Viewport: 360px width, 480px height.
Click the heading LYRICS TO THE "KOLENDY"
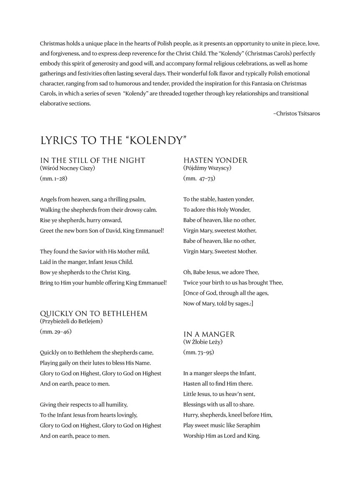pyautogui.click(x=113, y=140)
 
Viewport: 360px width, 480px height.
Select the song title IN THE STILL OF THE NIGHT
pyautogui.click(x=92, y=160)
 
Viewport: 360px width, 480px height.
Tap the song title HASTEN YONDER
pyautogui.click(x=215, y=160)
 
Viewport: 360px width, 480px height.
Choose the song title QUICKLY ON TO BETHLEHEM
pyautogui.click(x=94, y=313)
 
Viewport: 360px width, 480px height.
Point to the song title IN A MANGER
pyautogui.click(x=209, y=334)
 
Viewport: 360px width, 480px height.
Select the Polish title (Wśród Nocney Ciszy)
pyautogui.click(x=67, y=168)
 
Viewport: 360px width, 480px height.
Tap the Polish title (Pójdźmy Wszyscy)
pyautogui.click(x=207, y=168)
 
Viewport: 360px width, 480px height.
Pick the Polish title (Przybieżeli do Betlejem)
pyautogui.click(x=71, y=321)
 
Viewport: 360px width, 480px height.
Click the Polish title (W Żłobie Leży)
pyautogui.click(x=203, y=342)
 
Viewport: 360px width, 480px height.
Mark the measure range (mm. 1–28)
pyautogui.click(x=54, y=179)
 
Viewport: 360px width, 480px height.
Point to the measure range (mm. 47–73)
pyautogui.click(x=199, y=179)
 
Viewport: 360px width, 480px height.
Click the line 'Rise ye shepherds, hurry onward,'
pyautogui.click(x=81, y=220)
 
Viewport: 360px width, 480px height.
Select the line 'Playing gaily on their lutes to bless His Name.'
pyautogui.click(x=95, y=363)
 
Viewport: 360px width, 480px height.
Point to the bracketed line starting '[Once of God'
pyautogui.click(x=226, y=293)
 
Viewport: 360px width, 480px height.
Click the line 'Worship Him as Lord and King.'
pyautogui.click(x=222, y=436)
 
